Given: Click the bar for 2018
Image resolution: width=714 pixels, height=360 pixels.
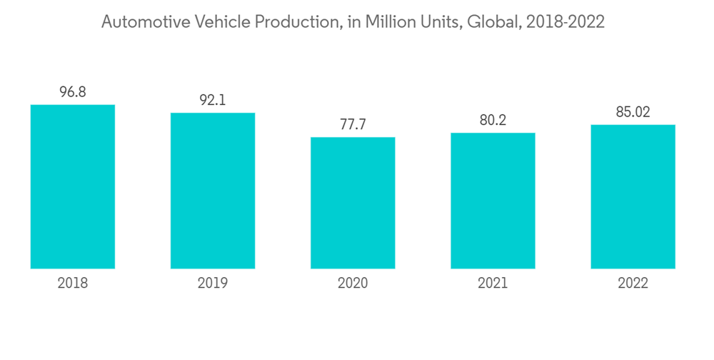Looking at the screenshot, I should (x=73, y=186).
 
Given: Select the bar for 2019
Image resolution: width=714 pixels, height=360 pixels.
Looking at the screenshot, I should (x=213, y=191).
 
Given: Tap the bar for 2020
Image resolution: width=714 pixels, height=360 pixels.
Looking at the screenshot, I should (x=353, y=203).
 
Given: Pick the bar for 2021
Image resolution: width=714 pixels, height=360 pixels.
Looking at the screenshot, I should (x=493, y=201).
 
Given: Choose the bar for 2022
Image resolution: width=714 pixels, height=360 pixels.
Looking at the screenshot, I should (x=633, y=196).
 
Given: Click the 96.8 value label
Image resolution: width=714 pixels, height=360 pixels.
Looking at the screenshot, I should (x=73, y=92).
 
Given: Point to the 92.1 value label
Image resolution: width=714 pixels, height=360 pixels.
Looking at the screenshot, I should (x=213, y=100).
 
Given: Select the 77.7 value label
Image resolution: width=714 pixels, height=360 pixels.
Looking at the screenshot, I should (x=353, y=124).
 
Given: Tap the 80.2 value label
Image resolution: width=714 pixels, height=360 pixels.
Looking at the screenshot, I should (x=493, y=120).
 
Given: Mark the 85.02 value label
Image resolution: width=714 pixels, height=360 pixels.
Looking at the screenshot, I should (x=633, y=112).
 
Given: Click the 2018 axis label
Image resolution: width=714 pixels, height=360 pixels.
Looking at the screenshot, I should (x=73, y=284).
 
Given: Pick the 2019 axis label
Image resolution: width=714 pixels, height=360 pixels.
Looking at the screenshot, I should (x=213, y=284).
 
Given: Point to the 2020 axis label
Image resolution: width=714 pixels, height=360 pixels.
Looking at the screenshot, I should (x=353, y=284).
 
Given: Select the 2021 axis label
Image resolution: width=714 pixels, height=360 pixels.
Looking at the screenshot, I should (x=493, y=284).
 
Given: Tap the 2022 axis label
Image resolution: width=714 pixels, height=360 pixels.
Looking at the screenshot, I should (x=633, y=284).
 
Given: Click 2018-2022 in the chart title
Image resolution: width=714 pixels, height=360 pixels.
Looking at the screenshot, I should (x=565, y=22).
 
